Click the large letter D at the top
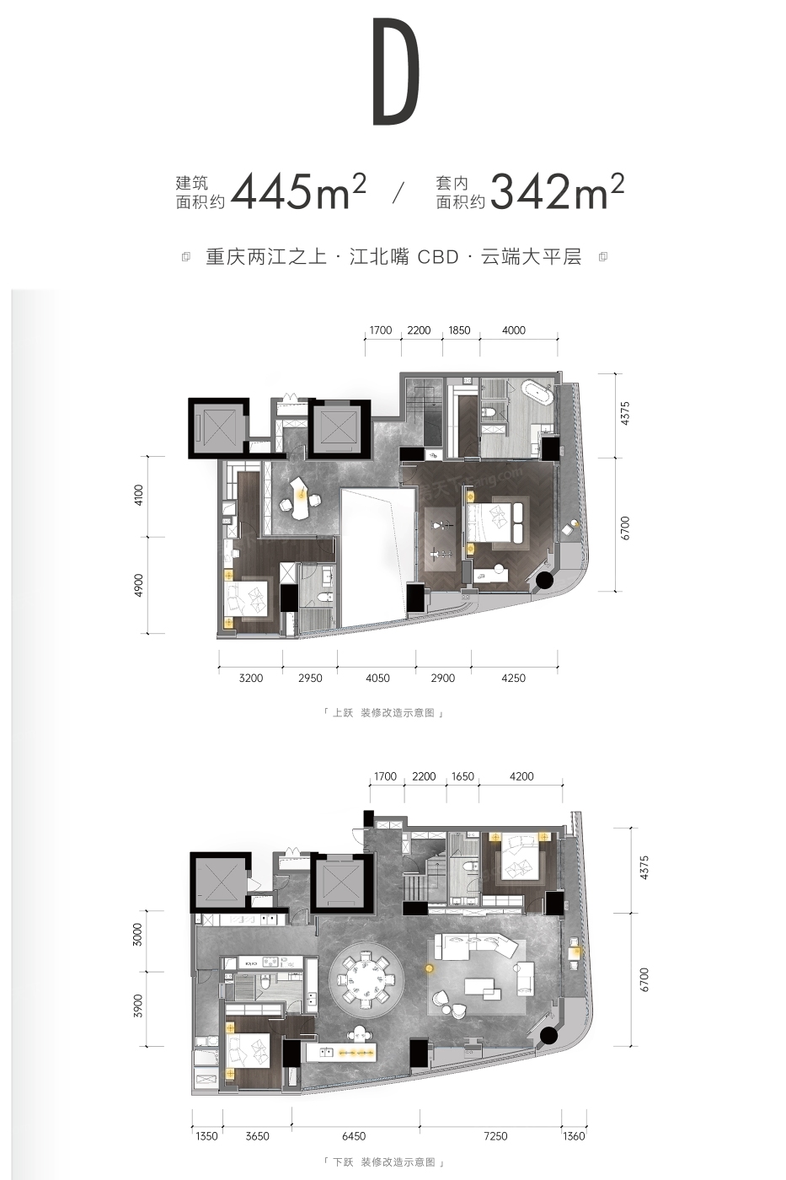click(x=396, y=72)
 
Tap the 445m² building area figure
click(x=298, y=191)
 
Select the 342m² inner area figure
click(x=557, y=191)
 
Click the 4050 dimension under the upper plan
click(x=377, y=678)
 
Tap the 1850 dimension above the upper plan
click(x=459, y=330)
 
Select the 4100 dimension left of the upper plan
click(x=138, y=496)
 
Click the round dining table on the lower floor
click(x=366, y=980)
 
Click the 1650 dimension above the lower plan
click(x=463, y=776)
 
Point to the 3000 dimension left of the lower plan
click(x=138, y=934)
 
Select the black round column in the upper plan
click(x=544, y=581)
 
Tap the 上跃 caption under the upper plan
click(x=342, y=713)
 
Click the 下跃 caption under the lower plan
click(x=343, y=1161)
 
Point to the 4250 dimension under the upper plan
click(x=513, y=678)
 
